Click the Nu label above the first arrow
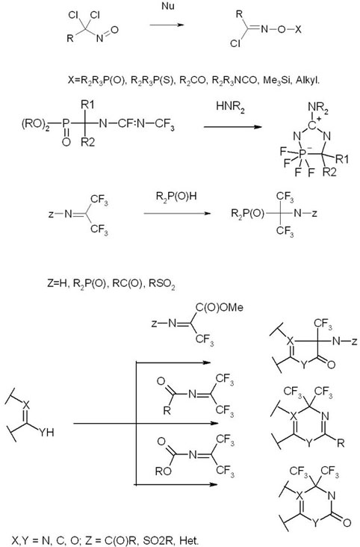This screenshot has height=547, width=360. coord(168,6)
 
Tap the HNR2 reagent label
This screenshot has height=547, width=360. coord(230,107)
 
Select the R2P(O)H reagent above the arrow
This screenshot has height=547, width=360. coord(176,197)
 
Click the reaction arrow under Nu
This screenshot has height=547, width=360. coord(167,25)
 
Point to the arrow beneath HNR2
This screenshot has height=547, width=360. coord(233,126)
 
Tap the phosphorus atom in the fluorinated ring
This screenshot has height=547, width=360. coord(302,152)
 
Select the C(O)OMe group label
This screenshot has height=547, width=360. coord(220,307)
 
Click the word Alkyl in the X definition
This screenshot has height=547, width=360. coord(308,81)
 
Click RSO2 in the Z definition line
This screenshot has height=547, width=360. coord(162,284)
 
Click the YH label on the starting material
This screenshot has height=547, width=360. coord(46,432)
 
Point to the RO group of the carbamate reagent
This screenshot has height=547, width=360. coord(164,472)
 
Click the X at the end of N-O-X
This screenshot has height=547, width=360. coord(297,29)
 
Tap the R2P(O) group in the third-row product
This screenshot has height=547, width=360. coord(248,213)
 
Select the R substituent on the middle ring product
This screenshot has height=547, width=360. coord(341,443)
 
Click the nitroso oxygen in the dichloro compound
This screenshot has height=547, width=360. coord(114,30)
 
